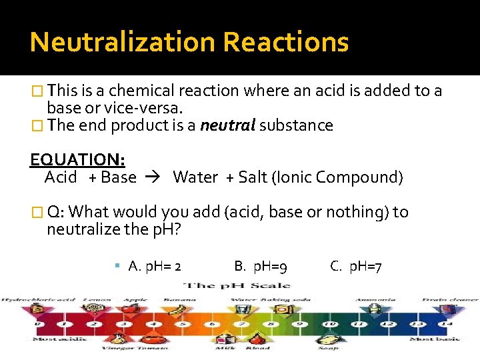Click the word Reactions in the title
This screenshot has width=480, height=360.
286,42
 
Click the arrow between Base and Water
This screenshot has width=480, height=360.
155,177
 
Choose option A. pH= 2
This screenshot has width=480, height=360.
155,267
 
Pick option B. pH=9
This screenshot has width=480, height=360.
261,267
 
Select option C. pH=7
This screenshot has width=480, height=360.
356,267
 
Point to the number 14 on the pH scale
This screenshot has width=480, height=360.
439,325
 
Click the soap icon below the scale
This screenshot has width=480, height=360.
329,339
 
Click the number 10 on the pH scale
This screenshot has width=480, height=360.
329,325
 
